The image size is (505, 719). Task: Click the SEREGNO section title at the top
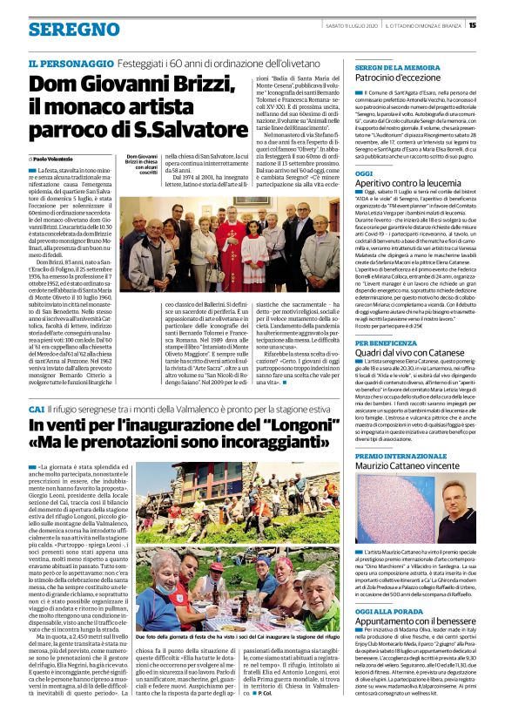pos(62,30)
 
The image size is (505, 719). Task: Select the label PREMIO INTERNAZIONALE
pos(396,457)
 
